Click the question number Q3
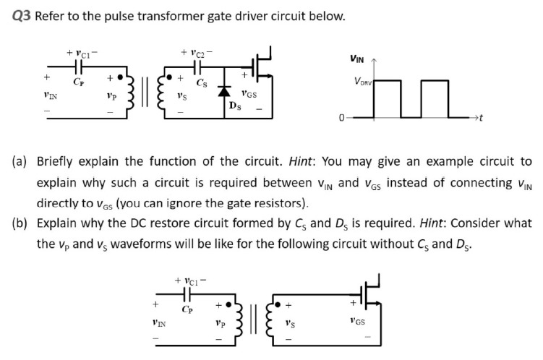pos(22,16)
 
